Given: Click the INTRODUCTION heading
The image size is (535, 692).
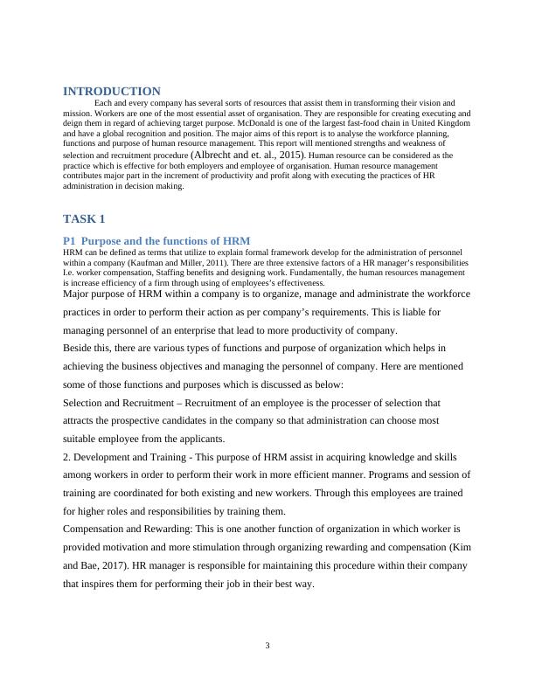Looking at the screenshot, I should click(112, 91).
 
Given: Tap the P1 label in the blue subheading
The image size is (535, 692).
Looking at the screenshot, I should click(70, 240).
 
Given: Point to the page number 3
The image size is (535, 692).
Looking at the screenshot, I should click(267, 645).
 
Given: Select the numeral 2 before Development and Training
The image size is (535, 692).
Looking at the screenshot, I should click(66, 457).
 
